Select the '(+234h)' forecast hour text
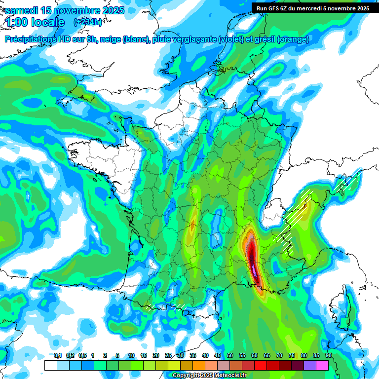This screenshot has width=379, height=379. tap(88, 22)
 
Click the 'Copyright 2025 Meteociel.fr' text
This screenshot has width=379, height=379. tap(209, 376)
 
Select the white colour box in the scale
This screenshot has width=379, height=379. tap(50, 365)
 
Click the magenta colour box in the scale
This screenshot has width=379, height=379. tap(322, 365)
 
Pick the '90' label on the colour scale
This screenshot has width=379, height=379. tap(329, 356)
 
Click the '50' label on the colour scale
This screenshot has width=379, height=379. tap(230, 356)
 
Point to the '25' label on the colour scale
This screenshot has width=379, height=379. tap(168, 356)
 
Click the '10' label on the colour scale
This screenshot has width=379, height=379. tap(131, 356)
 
